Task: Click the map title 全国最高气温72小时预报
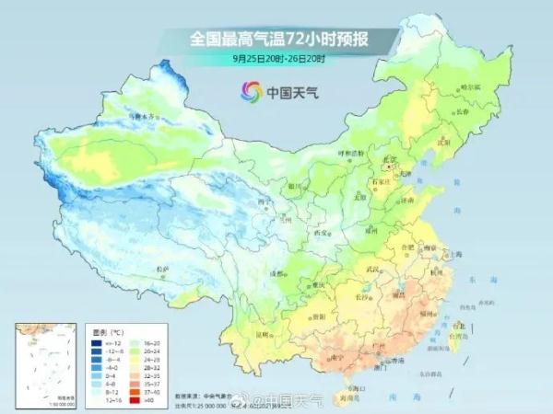(x=280, y=39)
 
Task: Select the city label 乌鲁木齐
(x=144, y=117)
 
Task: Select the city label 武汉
(x=373, y=269)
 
